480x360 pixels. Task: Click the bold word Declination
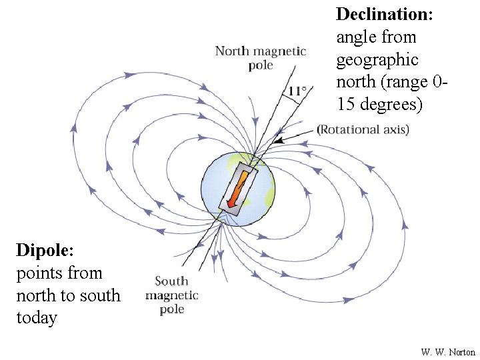tap(385, 14)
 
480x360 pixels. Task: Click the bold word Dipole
tap(45, 251)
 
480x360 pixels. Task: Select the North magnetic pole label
tap(261, 57)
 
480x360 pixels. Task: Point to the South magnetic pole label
tap(172, 295)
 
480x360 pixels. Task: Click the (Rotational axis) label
tap(363, 129)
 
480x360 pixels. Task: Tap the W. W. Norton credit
tap(448, 352)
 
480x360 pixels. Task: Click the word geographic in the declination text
tap(377, 60)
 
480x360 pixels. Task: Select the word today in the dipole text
tap(37, 318)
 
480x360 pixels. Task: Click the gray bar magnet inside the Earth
tap(238, 189)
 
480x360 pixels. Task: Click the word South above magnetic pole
tap(171, 281)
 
